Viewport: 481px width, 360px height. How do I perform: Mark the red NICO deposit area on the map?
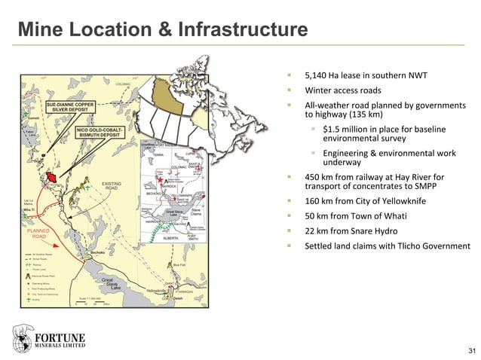click(53, 178)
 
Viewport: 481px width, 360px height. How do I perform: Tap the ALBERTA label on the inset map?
click(171, 237)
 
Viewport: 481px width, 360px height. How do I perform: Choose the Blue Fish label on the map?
click(179, 265)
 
